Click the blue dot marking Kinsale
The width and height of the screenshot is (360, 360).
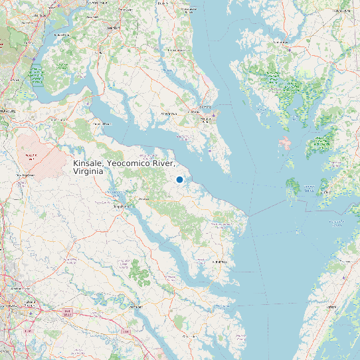[179, 179]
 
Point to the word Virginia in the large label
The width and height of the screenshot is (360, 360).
[88, 171]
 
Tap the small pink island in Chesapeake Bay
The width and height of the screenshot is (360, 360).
[286, 143]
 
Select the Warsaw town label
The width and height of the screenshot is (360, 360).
[143, 199]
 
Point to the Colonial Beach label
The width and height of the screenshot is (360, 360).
[101, 124]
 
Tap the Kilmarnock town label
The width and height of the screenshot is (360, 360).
[219, 262]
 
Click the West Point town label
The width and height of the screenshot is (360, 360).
[136, 307]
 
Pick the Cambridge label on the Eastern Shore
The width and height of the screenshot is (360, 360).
[290, 48]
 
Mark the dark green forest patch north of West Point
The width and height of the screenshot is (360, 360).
[139, 272]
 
